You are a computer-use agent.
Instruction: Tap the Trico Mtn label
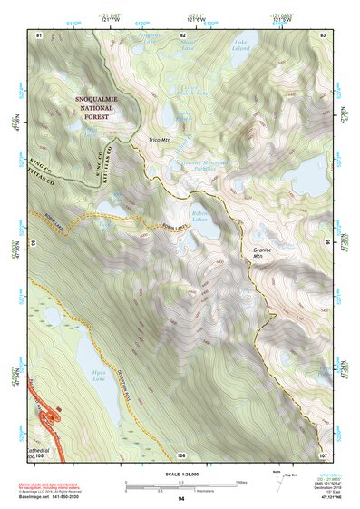click(161, 138)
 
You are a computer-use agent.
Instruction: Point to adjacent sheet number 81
click(39, 34)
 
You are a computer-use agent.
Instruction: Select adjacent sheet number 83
click(322, 34)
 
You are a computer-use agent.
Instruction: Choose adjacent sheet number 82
click(180, 34)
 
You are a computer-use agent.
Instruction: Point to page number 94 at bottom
click(180, 499)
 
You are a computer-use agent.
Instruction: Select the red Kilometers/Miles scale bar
click(180, 482)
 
